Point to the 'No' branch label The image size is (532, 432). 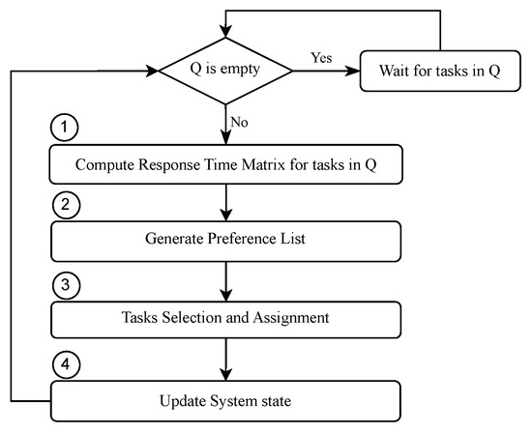point(238,123)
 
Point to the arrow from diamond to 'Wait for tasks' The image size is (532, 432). point(325,72)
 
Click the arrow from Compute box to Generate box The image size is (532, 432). point(224,201)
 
